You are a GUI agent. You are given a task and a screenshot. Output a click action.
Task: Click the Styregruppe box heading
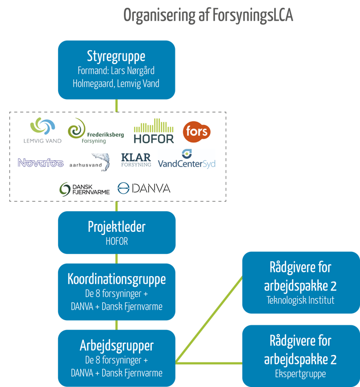116,56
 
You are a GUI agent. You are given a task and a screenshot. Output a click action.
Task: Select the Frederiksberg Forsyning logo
96,131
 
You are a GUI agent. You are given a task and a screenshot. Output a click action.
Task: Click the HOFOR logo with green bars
154,131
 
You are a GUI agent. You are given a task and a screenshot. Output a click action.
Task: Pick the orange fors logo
197,131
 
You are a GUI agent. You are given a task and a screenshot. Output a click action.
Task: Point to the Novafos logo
41,163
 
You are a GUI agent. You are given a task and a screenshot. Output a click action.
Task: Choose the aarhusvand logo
91,162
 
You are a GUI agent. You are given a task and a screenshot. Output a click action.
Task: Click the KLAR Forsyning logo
136,160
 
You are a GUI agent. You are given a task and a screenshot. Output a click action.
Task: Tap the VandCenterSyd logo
187,160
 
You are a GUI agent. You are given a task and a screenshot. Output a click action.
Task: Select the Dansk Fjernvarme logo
85,189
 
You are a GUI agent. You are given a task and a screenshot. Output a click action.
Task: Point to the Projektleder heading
116,227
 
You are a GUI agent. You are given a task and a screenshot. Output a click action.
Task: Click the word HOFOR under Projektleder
116,241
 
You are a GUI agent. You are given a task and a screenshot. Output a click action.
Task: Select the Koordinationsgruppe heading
116,279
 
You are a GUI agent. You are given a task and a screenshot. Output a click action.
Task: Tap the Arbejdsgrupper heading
116,345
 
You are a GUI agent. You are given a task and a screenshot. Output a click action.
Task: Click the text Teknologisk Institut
300,300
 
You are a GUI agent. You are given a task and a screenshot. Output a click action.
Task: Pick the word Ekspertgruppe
300,374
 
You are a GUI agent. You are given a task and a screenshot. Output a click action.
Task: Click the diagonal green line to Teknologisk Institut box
209,320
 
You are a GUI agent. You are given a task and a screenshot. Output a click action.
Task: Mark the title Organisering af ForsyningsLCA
208,16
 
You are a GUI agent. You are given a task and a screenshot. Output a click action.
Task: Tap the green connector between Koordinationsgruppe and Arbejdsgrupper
117,325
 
